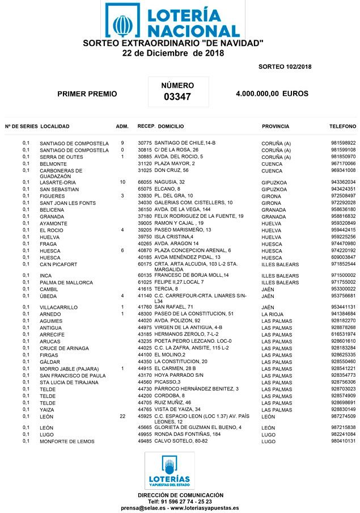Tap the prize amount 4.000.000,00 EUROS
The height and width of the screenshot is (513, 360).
click(272, 94)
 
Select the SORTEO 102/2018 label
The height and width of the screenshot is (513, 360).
click(285, 67)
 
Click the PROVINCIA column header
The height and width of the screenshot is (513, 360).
click(276, 127)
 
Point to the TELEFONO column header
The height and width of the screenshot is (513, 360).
click(342, 127)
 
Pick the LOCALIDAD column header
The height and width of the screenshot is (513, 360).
click(56, 127)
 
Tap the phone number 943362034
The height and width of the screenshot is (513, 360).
click(343, 182)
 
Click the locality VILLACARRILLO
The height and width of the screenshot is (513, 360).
click(58, 307)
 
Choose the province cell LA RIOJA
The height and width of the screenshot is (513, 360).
click(273, 314)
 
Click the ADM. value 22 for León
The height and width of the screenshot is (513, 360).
click(122, 417)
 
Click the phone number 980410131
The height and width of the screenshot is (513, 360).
click(343, 441)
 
